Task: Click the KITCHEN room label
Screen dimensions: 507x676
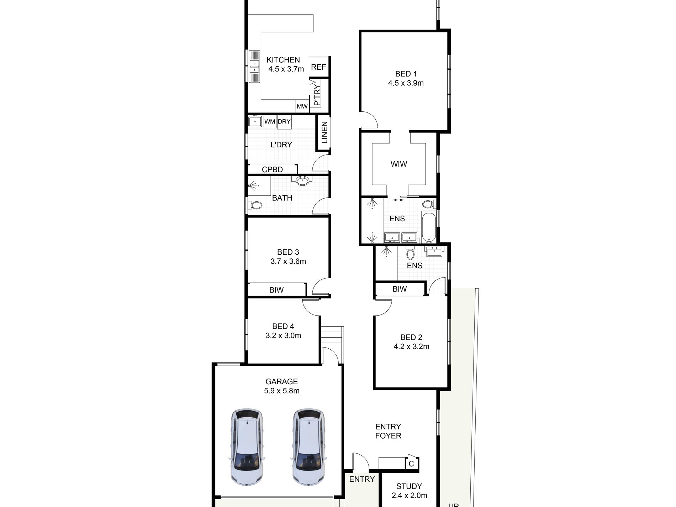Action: tap(283, 60)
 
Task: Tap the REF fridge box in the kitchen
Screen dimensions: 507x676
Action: tap(318, 67)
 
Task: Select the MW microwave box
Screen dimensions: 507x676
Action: tap(302, 106)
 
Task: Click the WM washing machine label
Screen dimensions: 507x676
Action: tap(270, 122)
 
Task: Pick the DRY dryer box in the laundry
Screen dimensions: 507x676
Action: tap(284, 122)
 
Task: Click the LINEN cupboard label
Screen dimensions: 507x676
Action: tap(324, 133)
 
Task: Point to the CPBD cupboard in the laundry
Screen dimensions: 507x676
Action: tap(272, 169)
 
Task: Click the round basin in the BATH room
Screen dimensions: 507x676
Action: tap(302, 181)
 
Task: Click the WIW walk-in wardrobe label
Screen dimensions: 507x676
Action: tap(398, 164)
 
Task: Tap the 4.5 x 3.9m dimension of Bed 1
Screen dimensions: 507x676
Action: tap(406, 83)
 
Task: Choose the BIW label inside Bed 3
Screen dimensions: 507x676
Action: tap(276, 290)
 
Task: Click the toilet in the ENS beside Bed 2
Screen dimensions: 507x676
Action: tap(410, 253)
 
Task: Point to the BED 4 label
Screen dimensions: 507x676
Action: tap(283, 326)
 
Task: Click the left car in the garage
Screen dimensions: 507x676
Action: tap(247, 448)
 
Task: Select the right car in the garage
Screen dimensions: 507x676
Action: tap(308, 448)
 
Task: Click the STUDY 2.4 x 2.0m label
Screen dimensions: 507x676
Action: tap(409, 491)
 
